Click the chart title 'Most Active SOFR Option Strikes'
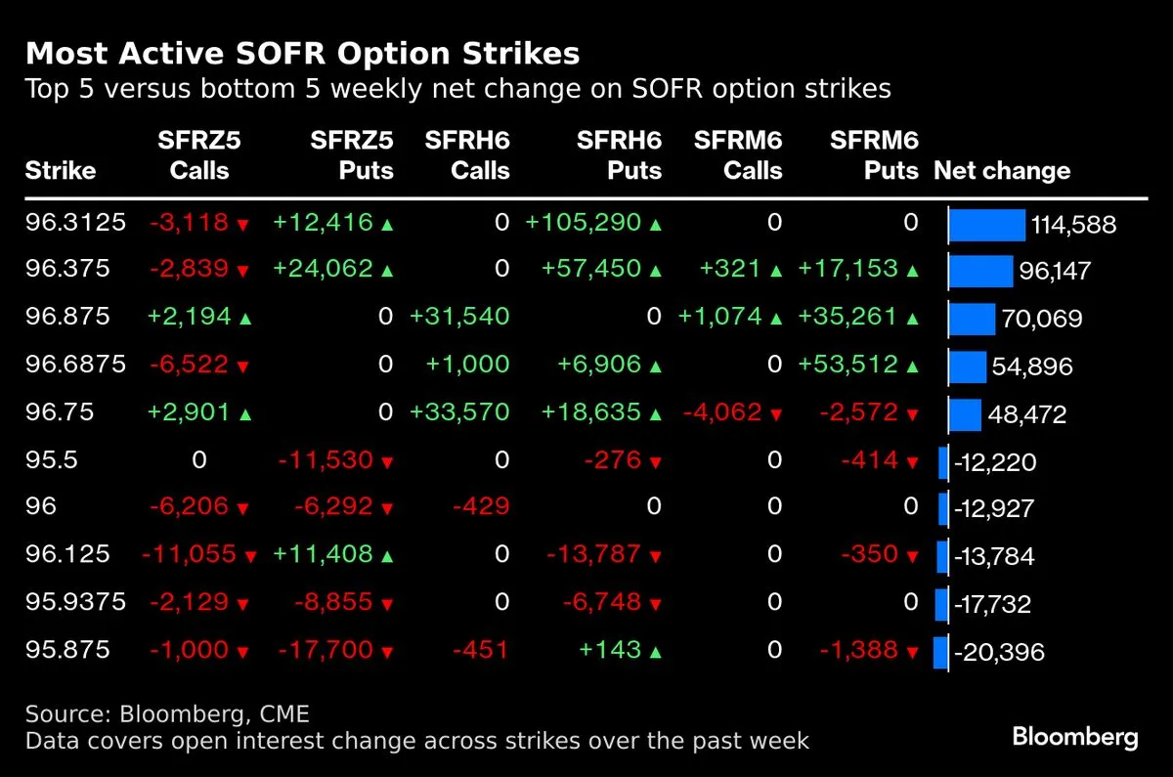point(302,53)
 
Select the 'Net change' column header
point(1002,171)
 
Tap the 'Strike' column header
point(61,171)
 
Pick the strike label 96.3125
point(76,223)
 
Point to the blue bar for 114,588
point(987,225)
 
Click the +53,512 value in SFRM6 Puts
point(848,365)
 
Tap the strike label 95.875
point(68,649)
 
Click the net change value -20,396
point(999,651)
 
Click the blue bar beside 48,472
point(965,414)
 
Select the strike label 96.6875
point(76,365)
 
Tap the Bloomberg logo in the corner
point(1075,737)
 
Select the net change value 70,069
point(1042,319)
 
